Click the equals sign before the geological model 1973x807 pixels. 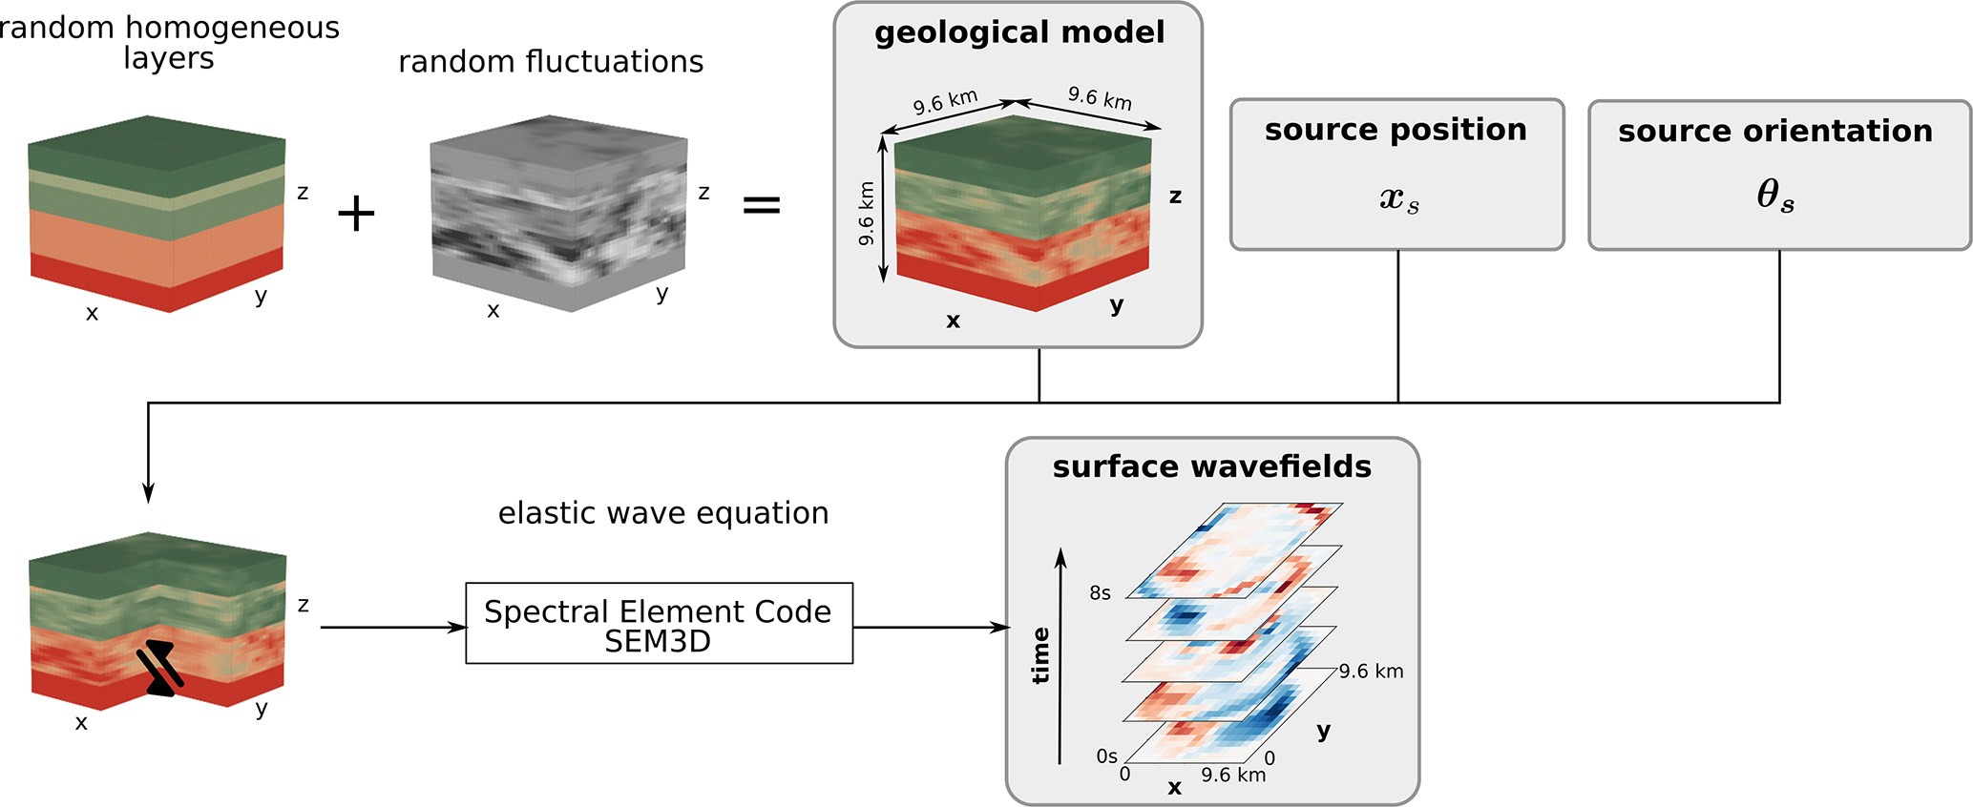[762, 205]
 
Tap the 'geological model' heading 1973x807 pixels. [1018, 33]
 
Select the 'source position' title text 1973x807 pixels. [1396, 130]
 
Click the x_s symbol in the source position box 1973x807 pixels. [1398, 198]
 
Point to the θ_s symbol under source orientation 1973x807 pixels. [1775, 196]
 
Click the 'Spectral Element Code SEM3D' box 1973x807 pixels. [659, 624]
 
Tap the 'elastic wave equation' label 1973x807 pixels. [663, 513]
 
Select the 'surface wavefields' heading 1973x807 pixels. [1211, 466]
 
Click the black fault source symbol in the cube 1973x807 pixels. [159, 668]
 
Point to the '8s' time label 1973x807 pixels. [1100, 593]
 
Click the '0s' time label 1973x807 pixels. [1106, 756]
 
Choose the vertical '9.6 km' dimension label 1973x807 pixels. [866, 213]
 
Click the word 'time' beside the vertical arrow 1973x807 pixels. [1040, 655]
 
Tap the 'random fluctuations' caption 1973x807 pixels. [551, 62]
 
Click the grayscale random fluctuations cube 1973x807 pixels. [558, 215]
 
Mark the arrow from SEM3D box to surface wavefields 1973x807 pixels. [931, 628]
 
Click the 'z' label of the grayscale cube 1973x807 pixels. [703, 193]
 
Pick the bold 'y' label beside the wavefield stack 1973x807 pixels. [1323, 732]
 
